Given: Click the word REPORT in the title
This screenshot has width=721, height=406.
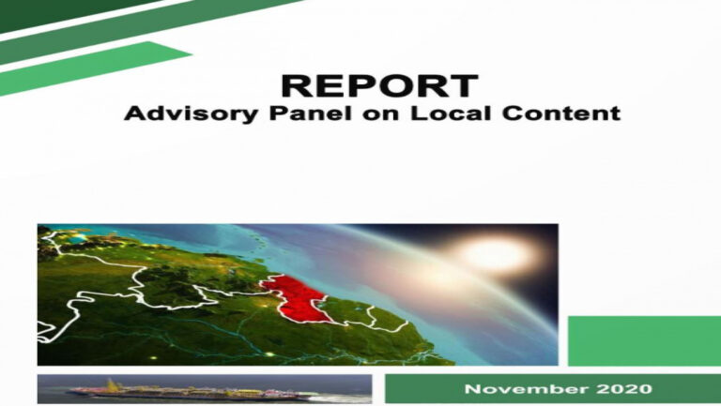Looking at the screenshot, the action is pyautogui.click(x=380, y=85).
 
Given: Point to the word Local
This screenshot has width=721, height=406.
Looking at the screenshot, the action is pyautogui.click(x=451, y=113).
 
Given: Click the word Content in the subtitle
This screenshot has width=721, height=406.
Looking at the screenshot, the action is pyautogui.click(x=561, y=113).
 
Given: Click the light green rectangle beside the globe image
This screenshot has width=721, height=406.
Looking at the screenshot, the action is pyautogui.click(x=644, y=340).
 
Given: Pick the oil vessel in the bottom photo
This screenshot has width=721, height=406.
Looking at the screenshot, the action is pyautogui.click(x=193, y=391).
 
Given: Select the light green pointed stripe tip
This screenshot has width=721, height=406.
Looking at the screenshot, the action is pyautogui.click(x=184, y=53).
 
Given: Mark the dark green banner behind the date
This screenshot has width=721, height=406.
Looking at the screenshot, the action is pyautogui.click(x=553, y=388).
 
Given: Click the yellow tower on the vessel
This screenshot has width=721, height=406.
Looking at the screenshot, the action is pyautogui.click(x=111, y=384).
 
